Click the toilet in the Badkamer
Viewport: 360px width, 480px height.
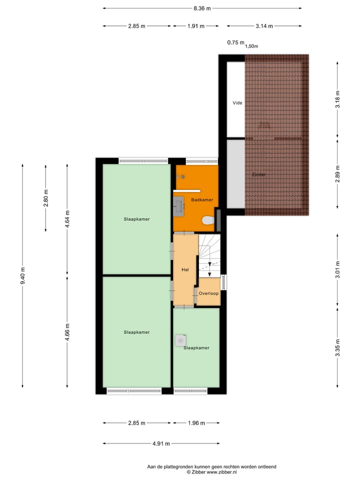pyautogui.click(x=205, y=220)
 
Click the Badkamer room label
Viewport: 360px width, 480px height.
pyautogui.click(x=202, y=199)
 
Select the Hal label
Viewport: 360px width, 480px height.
pyautogui.click(x=185, y=269)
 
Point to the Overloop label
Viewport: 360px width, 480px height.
pyautogui.click(x=208, y=293)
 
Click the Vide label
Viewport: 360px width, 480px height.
pyautogui.click(x=237, y=103)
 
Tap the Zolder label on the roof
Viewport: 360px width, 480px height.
pyautogui.click(x=258, y=174)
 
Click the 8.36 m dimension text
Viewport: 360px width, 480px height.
pyautogui.click(x=202, y=8)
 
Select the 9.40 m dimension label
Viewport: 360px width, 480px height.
pyautogui.click(x=23, y=275)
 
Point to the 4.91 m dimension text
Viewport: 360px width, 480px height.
pyautogui.click(x=160, y=443)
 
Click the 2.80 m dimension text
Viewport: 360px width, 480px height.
pyautogui.click(x=46, y=198)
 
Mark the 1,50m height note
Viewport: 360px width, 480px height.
pyautogui.click(x=251, y=46)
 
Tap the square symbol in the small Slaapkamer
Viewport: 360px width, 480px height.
pyautogui.click(x=179, y=340)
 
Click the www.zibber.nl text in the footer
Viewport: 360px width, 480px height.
pyautogui.click(x=221, y=471)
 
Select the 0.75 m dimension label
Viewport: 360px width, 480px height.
pyautogui.click(x=235, y=42)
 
